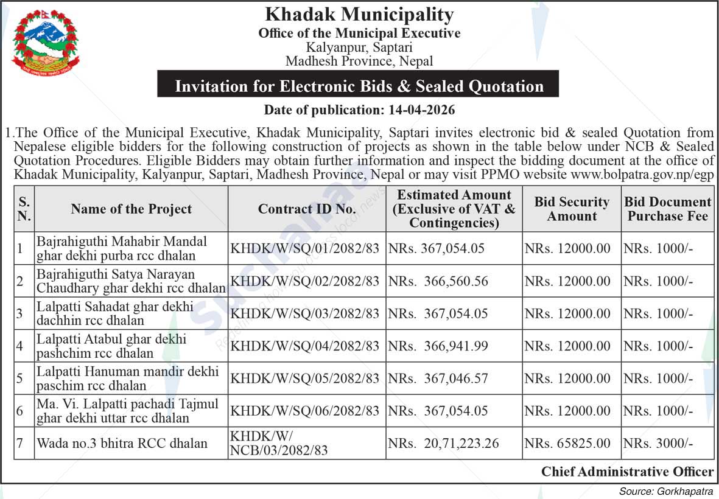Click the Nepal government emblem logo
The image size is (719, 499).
tap(46, 41)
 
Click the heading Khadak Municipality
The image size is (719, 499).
tap(359, 14)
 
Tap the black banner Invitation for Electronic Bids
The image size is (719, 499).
tap(359, 86)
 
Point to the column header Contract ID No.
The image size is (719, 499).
tap(307, 209)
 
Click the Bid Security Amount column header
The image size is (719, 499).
tap(571, 209)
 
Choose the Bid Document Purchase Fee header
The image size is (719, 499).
tap(668, 209)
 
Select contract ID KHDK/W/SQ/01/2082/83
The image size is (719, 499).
tap(305, 248)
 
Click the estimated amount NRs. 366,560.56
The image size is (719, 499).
tap(438, 281)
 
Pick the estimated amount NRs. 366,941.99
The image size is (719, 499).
tap(438, 346)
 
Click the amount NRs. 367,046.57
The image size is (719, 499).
tap(438, 378)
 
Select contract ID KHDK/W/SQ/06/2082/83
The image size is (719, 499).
tap(305, 411)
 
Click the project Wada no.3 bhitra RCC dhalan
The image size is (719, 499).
tap(122, 443)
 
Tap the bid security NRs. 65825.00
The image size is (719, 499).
tap(567, 443)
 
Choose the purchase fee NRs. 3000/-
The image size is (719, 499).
tap(658, 443)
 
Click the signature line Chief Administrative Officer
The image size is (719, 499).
tap(627, 471)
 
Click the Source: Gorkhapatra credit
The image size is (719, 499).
tap(666, 491)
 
